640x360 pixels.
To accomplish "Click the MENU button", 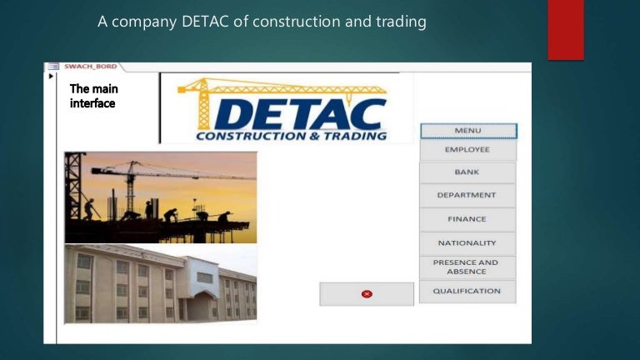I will click(x=467, y=131).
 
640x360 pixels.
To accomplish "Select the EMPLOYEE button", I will click(x=467, y=150).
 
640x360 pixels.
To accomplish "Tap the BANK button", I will click(x=467, y=172).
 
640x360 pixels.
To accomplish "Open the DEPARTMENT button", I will click(x=467, y=196).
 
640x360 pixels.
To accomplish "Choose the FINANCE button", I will click(x=467, y=219).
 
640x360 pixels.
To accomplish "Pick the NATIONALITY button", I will click(x=467, y=243).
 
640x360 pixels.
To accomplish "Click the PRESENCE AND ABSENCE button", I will click(x=467, y=267).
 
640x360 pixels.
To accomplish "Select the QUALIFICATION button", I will click(x=467, y=291).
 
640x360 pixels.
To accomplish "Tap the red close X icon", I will click(x=367, y=293).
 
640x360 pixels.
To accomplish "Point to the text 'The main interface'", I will click(x=92, y=96).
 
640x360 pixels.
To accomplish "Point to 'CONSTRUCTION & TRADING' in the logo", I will click(x=291, y=136).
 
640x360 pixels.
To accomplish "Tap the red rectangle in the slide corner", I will click(x=565, y=30).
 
